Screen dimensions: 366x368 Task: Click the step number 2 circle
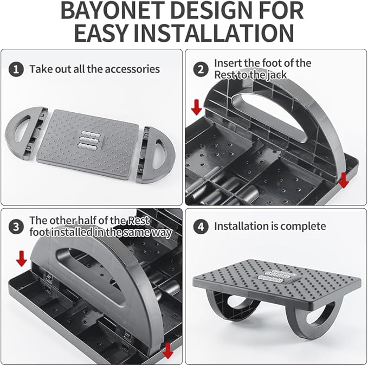[202, 69]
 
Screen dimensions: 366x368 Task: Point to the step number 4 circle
[202, 226]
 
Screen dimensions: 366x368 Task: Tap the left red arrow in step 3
[21, 259]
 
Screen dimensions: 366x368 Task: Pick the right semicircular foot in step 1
[158, 155]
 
